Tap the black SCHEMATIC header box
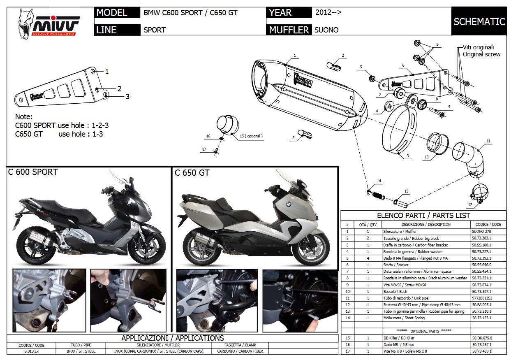point(479,21)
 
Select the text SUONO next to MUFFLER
point(326,30)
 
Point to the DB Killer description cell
point(425,338)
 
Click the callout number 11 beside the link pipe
point(488,141)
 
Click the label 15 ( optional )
point(250,136)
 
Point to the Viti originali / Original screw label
point(481,51)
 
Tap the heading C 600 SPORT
point(33,172)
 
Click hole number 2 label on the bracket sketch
point(119,88)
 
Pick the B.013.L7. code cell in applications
point(31,351)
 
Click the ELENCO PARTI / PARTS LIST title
point(423,215)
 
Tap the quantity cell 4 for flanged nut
point(368,258)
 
